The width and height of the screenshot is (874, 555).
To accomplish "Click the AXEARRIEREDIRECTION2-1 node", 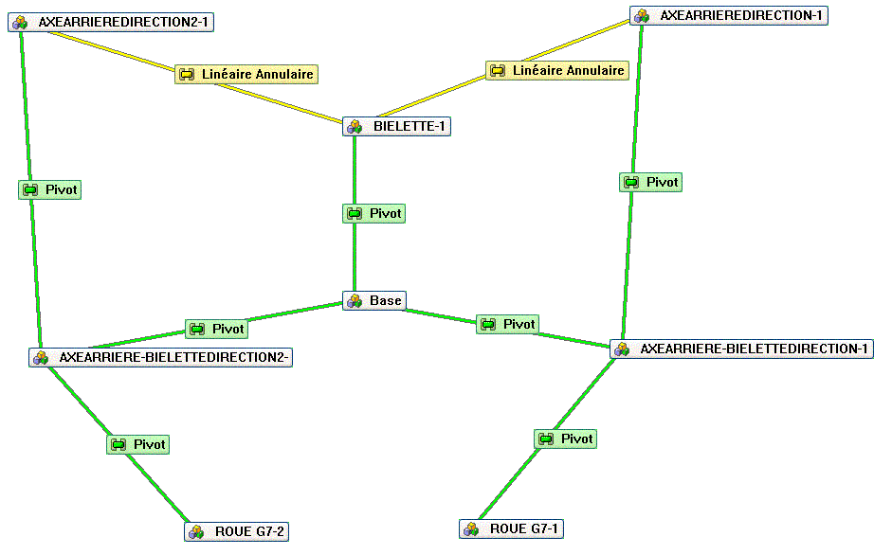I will (x=111, y=22).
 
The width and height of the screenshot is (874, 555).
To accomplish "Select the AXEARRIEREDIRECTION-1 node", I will (x=728, y=15).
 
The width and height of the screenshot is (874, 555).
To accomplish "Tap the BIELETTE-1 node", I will (x=396, y=126).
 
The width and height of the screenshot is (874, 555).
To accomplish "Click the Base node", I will (x=373, y=300).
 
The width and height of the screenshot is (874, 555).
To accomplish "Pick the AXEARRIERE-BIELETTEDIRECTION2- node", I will (x=160, y=357).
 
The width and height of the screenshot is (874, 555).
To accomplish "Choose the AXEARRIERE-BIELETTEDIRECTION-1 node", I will (x=741, y=349).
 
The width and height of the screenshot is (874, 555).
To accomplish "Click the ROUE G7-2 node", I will (x=236, y=531).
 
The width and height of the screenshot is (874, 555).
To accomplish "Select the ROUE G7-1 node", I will (x=511, y=528).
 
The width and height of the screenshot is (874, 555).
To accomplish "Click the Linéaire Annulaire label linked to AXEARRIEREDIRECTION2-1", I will (x=245, y=74).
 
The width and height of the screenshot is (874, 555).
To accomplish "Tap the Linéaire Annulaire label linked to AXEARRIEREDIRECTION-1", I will (x=556, y=70).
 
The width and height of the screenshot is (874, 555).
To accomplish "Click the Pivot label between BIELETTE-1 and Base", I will (x=373, y=213).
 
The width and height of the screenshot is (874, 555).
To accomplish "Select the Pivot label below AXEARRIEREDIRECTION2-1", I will (x=50, y=189).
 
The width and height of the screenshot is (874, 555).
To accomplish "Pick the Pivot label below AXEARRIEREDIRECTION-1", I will (x=651, y=182).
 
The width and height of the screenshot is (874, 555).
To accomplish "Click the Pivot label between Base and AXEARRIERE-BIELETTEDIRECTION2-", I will (x=216, y=329).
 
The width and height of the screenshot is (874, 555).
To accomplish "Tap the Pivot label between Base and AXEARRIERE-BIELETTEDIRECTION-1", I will (x=507, y=324).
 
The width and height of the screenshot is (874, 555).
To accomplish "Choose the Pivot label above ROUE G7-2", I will (x=137, y=444).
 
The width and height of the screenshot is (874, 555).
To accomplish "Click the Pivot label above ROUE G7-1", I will (x=566, y=439).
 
